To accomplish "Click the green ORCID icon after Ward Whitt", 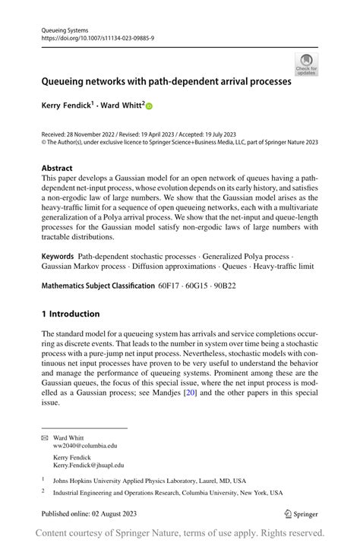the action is [149, 107].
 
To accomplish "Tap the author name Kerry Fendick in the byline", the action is [71, 107].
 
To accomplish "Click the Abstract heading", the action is [58, 168].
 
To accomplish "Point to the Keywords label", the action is [58, 257].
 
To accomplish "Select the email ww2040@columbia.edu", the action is [85, 447].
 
